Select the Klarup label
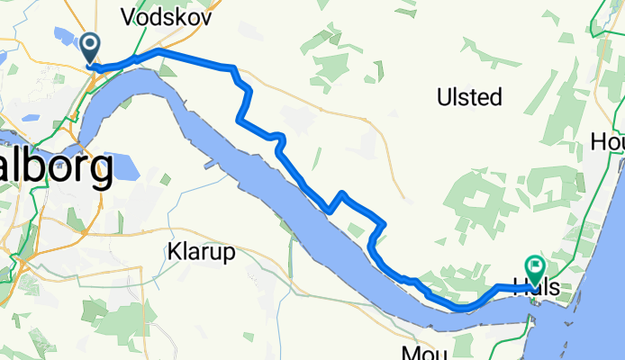tap(201, 251)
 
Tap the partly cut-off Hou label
tap(608, 141)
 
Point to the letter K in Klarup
tap(173, 251)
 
